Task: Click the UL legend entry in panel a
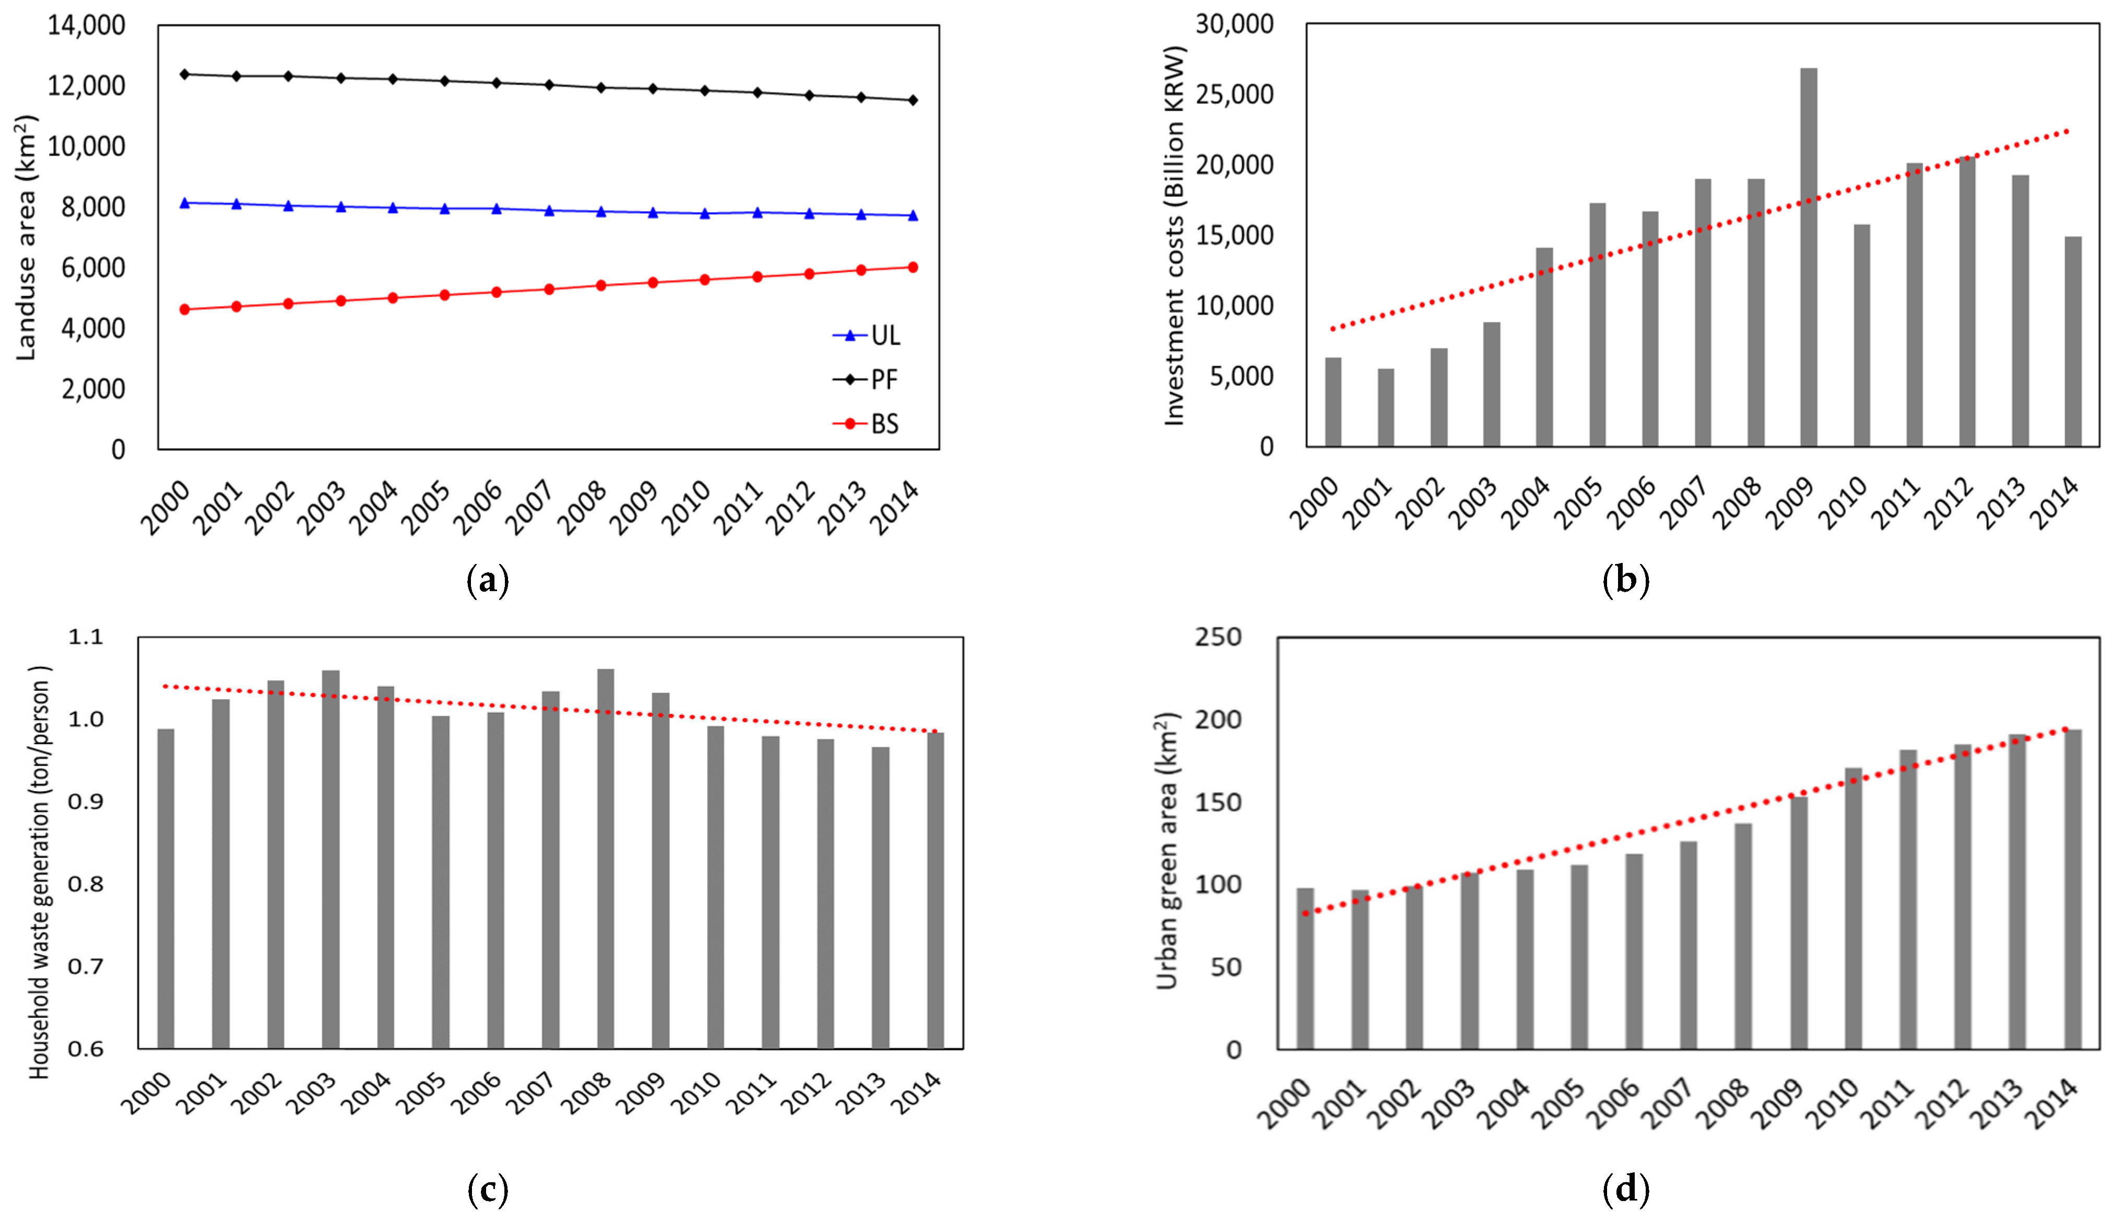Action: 868,335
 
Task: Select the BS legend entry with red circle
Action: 868,424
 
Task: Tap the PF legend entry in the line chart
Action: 868,380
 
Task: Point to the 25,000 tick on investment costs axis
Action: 1233,95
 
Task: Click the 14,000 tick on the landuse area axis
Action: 86,25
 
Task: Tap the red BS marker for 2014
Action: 913,267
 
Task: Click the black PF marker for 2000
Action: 184,74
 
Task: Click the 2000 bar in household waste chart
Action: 166,889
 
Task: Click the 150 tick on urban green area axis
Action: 1218,802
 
